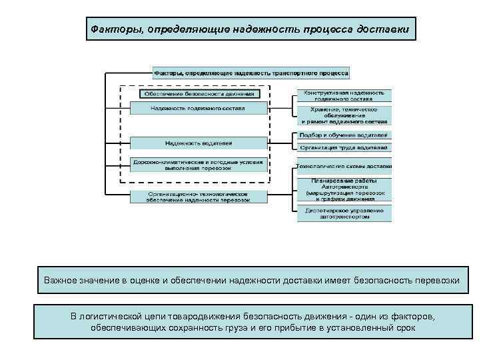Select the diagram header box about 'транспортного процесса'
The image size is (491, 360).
[x=252, y=73]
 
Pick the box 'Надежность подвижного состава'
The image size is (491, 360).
[x=197, y=108]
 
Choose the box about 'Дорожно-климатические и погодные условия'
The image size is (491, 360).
[x=198, y=165]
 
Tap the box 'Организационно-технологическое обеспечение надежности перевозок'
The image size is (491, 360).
[x=198, y=196]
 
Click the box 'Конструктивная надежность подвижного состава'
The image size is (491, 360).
[x=344, y=95]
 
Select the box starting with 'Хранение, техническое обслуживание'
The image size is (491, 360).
[x=344, y=115]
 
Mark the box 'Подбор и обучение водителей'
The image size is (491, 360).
[x=344, y=135]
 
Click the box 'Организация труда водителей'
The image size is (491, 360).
[x=344, y=147]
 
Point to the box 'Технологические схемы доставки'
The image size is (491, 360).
[x=344, y=165]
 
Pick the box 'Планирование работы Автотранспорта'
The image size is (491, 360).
[x=344, y=189]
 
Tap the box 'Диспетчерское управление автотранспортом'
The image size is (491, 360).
[x=344, y=213]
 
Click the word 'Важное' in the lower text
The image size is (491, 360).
[x=61, y=280]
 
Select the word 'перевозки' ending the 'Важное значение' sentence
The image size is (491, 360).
[x=436, y=280]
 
